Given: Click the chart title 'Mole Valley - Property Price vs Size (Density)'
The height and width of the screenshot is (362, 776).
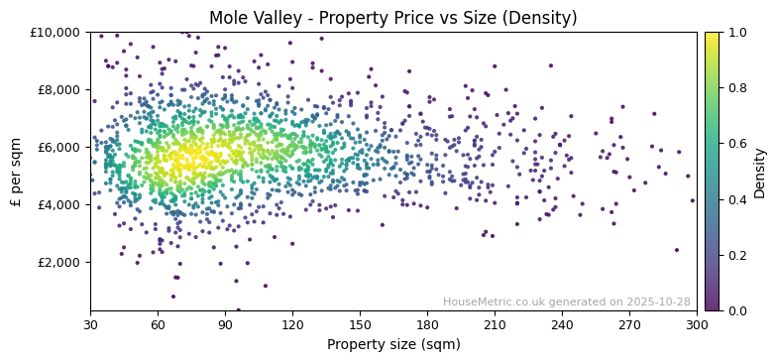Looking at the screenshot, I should pyautogui.click(x=393, y=18).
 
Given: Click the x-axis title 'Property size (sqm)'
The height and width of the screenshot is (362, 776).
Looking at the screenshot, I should pyautogui.click(x=393, y=345).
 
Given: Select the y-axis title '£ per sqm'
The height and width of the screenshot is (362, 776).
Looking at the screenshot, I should pyautogui.click(x=17, y=172).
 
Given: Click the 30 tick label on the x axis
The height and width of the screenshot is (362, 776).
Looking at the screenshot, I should pyautogui.click(x=90, y=323).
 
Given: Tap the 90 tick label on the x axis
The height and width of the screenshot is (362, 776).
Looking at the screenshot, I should pyautogui.click(x=225, y=323).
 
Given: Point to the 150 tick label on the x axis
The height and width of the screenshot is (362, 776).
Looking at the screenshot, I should pyautogui.click(x=360, y=323).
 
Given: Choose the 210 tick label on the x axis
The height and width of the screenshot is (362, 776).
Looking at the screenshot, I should pyautogui.click(x=495, y=323).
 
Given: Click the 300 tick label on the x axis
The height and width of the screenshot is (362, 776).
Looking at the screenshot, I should pyautogui.click(x=697, y=323).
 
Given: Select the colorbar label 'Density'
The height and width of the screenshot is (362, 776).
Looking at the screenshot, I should pyautogui.click(x=760, y=172).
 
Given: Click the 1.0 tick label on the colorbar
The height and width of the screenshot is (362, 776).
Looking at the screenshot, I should pyautogui.click(x=737, y=33).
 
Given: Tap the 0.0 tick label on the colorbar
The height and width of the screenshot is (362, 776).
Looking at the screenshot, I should pyautogui.click(x=737, y=310).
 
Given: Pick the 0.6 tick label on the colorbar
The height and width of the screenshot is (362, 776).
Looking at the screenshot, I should pyautogui.click(x=737, y=144).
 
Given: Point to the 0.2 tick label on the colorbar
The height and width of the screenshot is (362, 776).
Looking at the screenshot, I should pyautogui.click(x=737, y=255).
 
